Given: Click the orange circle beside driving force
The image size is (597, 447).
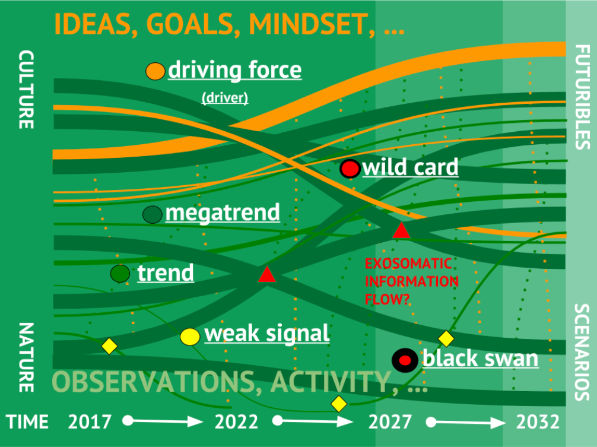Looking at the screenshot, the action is pyautogui.click(x=155, y=71).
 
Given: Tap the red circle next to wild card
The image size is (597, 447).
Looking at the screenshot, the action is pyautogui.click(x=350, y=168).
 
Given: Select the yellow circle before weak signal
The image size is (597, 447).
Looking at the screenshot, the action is pyautogui.click(x=190, y=337).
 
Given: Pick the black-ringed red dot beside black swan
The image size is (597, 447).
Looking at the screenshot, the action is pyautogui.click(x=405, y=360).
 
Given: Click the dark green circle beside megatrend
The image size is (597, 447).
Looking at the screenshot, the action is pyautogui.click(x=153, y=214).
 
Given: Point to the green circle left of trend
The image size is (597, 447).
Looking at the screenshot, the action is pyautogui.click(x=120, y=274).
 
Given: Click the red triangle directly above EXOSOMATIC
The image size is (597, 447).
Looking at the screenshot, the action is pyautogui.click(x=401, y=230).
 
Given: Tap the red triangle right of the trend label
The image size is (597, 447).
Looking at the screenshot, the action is pyautogui.click(x=266, y=274).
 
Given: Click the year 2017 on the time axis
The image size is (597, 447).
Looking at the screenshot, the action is pyautogui.click(x=90, y=422).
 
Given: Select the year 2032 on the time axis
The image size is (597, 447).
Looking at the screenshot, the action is pyautogui.click(x=538, y=422).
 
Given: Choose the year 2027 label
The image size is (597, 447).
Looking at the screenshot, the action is pyautogui.click(x=390, y=422).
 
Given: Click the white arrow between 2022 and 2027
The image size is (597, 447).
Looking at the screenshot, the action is pyautogui.click(x=313, y=421).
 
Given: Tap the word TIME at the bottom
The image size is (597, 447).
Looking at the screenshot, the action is pyautogui.click(x=27, y=422).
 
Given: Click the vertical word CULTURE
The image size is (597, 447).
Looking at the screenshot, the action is pyautogui.click(x=26, y=90).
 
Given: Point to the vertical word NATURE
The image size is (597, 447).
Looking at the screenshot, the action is pyautogui.click(x=26, y=357).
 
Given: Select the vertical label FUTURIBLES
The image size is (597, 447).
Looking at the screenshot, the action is pyautogui.click(x=582, y=97).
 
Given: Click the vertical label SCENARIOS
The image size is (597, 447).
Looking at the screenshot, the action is pyautogui.click(x=582, y=352).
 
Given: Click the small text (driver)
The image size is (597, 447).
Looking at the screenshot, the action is pyautogui.click(x=225, y=98).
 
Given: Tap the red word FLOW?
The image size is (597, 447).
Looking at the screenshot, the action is pyautogui.click(x=387, y=300).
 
